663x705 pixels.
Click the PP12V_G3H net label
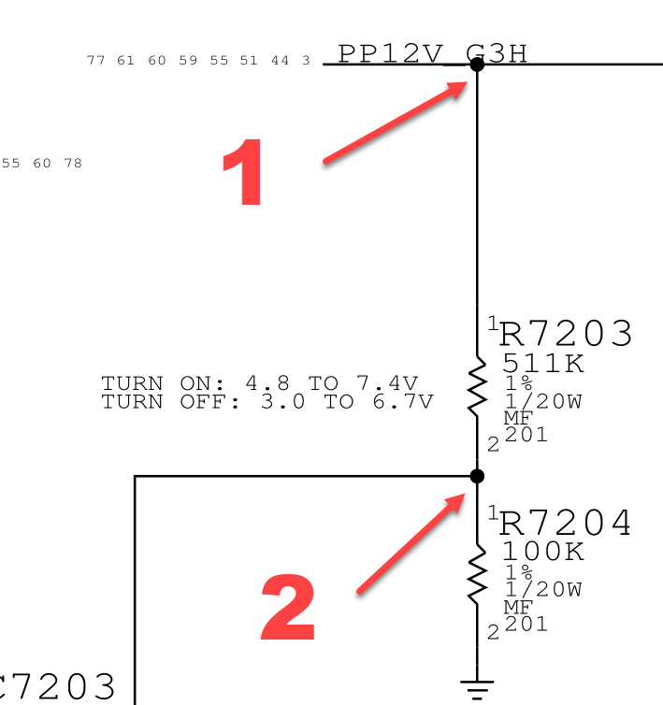432,53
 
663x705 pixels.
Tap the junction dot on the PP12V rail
477,64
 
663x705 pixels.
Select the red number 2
287,607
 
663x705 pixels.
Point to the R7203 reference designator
566,334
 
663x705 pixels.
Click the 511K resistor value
543,363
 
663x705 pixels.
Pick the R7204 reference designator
566,524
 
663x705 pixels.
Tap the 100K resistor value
543,552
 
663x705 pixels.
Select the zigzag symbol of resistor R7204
477,574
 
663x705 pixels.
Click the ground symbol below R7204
477,689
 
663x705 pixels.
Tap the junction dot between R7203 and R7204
477,476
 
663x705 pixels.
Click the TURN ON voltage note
259,383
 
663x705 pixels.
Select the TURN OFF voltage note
267,402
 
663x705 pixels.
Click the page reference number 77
95,61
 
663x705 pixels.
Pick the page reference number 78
72,164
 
